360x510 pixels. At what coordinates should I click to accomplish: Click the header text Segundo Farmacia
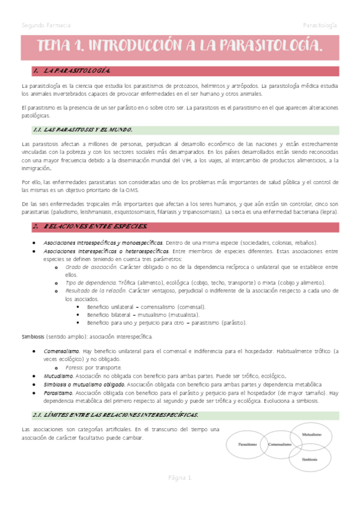46,26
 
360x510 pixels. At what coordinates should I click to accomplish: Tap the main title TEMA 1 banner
180,45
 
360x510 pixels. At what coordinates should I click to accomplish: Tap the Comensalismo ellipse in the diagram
280,445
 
